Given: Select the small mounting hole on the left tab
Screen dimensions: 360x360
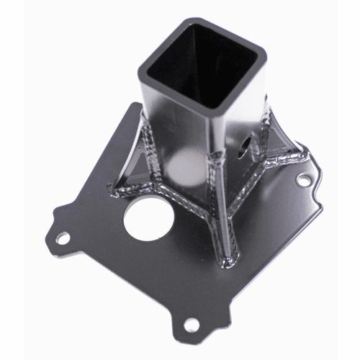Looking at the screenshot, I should [x=63, y=237].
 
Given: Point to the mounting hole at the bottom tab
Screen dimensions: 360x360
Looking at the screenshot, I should [x=191, y=325].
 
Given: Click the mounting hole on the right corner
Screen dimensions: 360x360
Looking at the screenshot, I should [x=305, y=182].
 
